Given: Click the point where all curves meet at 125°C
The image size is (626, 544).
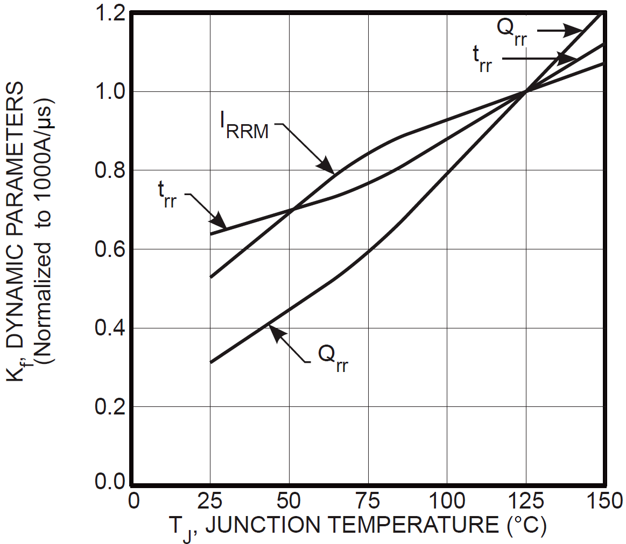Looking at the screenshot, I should pyautogui.click(x=525, y=91).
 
